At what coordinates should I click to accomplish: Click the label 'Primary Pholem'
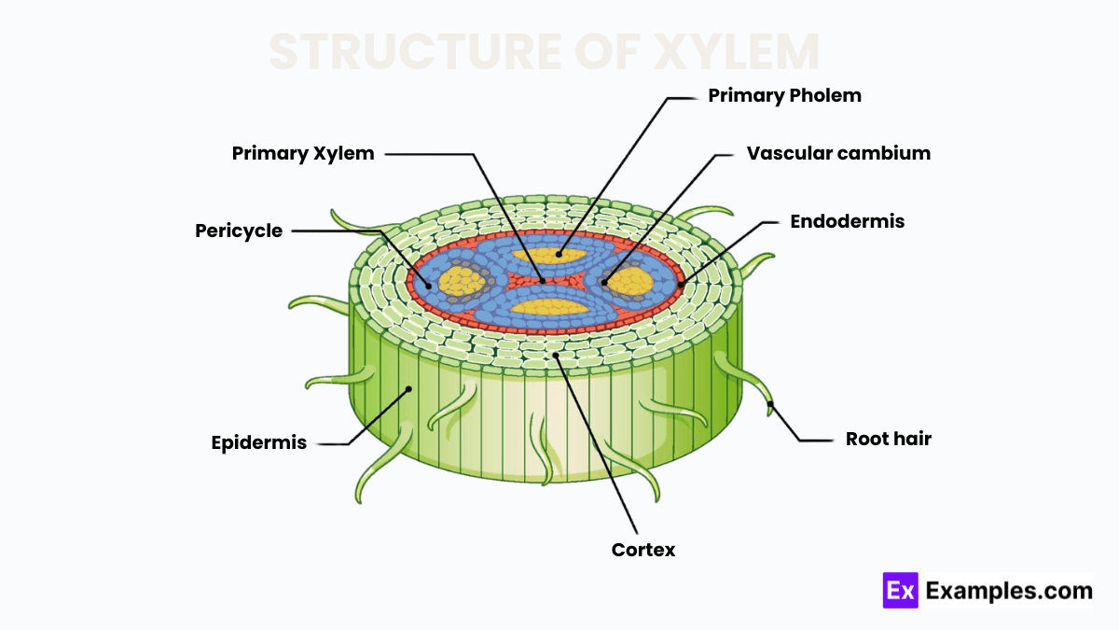tap(784, 95)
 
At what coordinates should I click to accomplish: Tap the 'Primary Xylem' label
tap(303, 153)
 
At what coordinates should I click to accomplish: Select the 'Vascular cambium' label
tap(838, 153)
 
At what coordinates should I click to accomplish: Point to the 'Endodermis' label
tap(847, 221)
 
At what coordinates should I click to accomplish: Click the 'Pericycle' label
tap(239, 231)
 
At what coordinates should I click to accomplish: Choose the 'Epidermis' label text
tap(259, 443)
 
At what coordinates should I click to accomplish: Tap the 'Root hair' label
tap(888, 439)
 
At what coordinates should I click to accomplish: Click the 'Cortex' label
tap(643, 550)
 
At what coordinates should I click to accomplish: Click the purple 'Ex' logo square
tap(900, 591)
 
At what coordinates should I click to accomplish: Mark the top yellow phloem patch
tap(559, 254)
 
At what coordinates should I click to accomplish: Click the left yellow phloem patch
tap(461, 280)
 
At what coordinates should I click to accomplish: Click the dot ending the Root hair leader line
tap(770, 404)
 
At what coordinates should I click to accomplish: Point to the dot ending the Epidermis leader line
tap(408, 388)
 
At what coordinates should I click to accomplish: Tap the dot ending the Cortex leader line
tap(555, 355)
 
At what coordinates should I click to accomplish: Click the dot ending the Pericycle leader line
tap(430, 285)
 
